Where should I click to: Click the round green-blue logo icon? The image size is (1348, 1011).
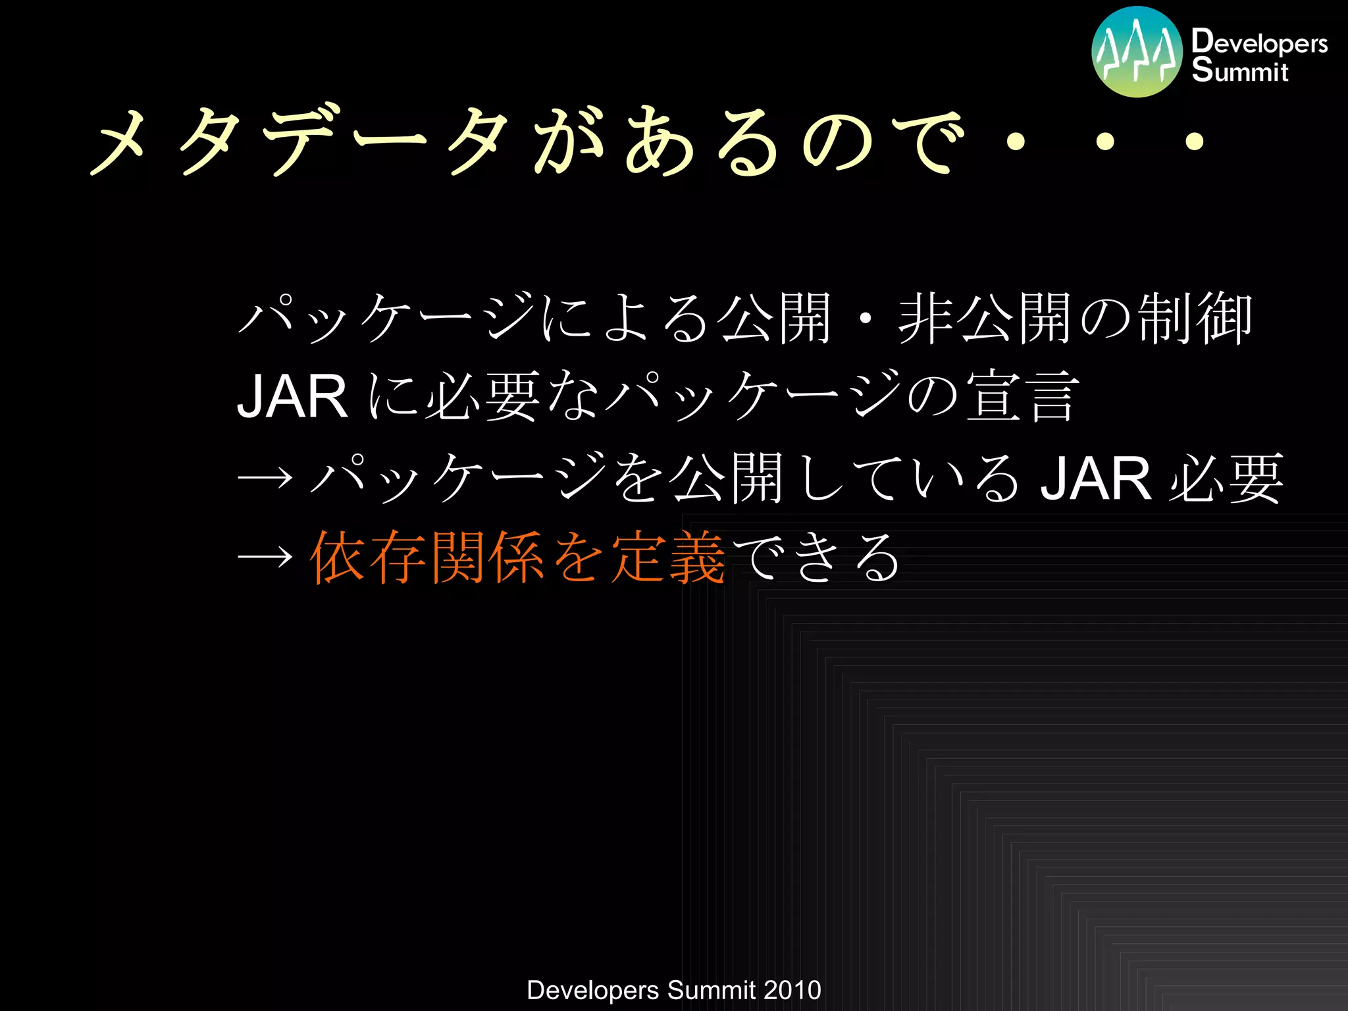click(1137, 51)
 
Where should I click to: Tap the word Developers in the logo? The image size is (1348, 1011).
click(1259, 41)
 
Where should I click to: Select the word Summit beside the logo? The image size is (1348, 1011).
click(1239, 70)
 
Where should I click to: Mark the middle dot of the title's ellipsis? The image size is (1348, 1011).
click(1105, 141)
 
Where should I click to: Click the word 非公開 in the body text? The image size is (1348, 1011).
click(987, 319)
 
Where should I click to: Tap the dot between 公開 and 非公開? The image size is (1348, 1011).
click(866, 320)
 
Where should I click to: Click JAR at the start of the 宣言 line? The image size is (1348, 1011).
click(292, 397)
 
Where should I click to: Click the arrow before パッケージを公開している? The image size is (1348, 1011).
click(265, 477)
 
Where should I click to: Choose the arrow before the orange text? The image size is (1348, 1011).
click(265, 557)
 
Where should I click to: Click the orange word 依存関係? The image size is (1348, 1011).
click(427, 557)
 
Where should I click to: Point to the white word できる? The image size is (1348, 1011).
click(816, 557)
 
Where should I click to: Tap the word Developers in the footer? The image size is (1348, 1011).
click(593, 990)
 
